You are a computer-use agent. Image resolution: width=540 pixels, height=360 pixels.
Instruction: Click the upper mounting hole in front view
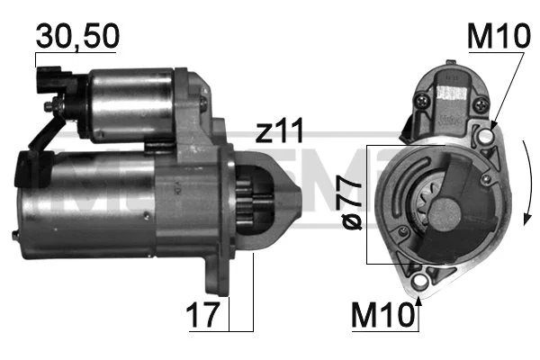484,137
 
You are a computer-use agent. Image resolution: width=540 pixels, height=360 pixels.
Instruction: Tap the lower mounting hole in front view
419,281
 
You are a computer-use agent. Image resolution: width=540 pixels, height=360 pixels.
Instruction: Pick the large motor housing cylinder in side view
90,198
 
